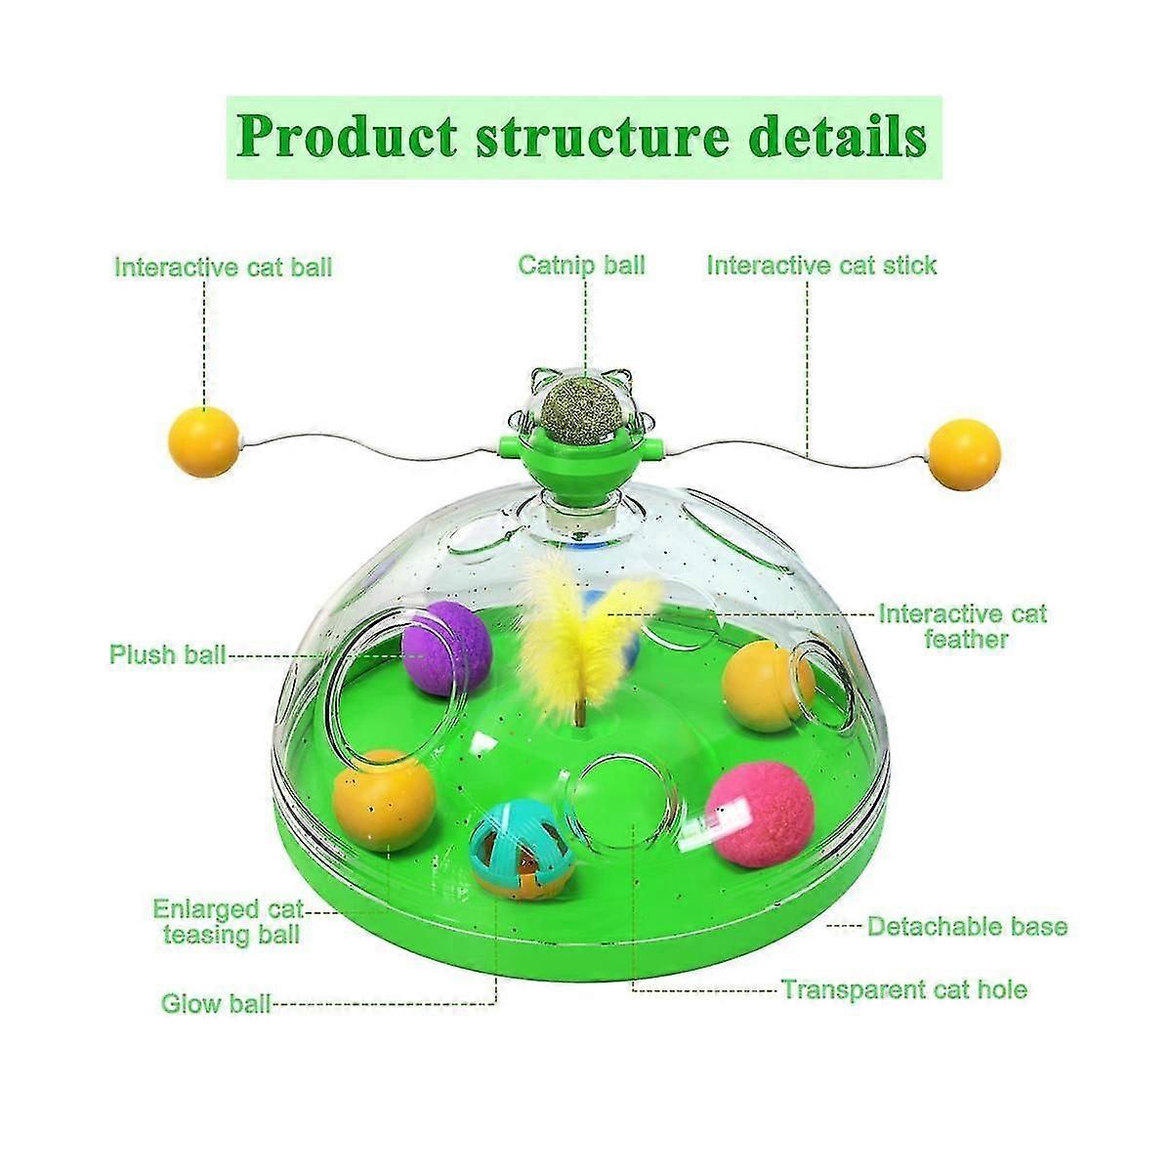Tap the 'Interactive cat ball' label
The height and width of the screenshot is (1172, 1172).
(x=224, y=268)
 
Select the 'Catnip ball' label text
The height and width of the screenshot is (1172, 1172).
(x=581, y=266)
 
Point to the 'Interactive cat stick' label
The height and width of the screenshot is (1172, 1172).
(x=821, y=266)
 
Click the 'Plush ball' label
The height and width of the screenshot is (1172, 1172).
(x=168, y=655)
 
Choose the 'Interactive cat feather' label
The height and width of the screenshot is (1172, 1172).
(x=963, y=626)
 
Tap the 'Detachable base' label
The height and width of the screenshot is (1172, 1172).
(x=967, y=926)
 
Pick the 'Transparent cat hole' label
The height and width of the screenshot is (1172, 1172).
(x=904, y=989)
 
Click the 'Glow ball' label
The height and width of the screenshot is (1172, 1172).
(x=216, y=1003)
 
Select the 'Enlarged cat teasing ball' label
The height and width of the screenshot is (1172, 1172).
(x=229, y=922)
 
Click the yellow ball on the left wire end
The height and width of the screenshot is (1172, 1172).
(x=204, y=442)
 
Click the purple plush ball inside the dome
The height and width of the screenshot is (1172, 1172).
(x=445, y=649)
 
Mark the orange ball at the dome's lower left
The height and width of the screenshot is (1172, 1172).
(x=384, y=801)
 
